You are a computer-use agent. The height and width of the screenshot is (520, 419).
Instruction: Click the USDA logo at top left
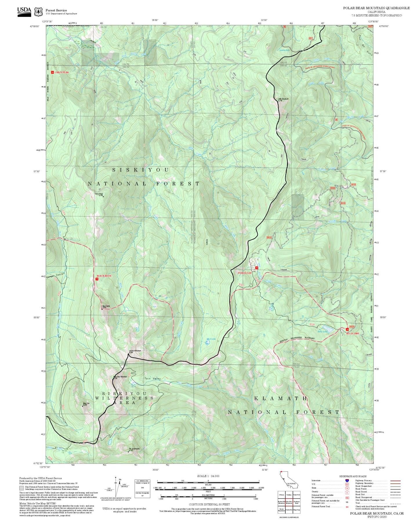[24, 11]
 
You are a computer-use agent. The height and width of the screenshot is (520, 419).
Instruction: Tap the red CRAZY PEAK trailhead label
[61, 72]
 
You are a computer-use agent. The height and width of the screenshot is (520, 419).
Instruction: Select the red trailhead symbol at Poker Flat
[256, 268]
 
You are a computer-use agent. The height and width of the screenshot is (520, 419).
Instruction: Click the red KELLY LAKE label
[353, 333]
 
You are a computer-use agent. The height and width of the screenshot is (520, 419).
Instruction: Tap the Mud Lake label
[211, 339]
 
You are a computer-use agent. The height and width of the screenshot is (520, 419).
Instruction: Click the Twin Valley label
[153, 379]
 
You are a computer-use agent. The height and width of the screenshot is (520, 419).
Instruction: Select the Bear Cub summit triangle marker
[83, 406]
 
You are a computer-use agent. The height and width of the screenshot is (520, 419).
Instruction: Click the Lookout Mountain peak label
[135, 351]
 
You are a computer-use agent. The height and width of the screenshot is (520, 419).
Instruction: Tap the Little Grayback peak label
[283, 99]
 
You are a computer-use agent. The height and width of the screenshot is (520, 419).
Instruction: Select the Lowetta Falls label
[284, 50]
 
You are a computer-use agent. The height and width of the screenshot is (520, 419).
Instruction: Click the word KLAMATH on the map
[280, 399]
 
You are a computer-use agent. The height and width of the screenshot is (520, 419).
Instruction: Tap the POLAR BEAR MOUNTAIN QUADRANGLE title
[376, 8]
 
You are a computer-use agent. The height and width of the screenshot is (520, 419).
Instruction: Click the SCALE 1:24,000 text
[208, 476]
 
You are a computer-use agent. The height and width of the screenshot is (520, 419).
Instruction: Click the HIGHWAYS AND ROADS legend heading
[353, 476]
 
